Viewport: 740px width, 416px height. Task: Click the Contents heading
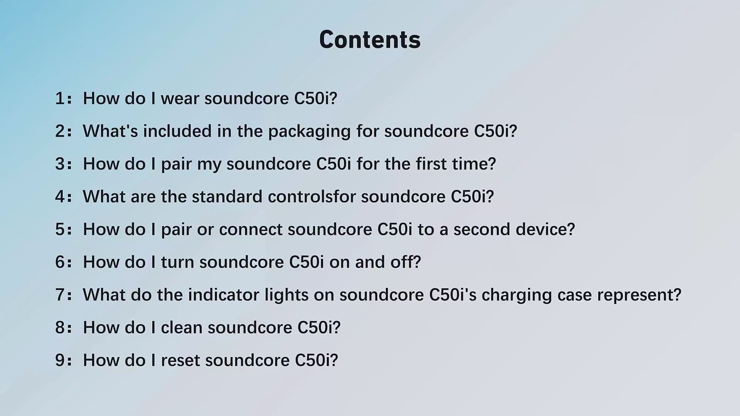click(x=370, y=40)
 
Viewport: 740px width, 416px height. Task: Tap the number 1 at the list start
click(x=60, y=98)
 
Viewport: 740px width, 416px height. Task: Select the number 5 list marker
click(x=61, y=229)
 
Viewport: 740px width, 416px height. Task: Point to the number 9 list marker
click(x=61, y=360)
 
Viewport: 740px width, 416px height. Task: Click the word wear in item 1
click(x=180, y=99)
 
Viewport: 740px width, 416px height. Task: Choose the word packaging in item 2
click(x=309, y=132)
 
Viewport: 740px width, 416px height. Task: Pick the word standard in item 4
click(x=227, y=196)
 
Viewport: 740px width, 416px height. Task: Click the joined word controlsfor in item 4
click(x=312, y=196)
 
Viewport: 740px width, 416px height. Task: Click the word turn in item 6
click(x=177, y=262)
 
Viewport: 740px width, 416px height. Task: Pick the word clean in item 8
click(x=182, y=327)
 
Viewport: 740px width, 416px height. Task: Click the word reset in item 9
click(x=180, y=361)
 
